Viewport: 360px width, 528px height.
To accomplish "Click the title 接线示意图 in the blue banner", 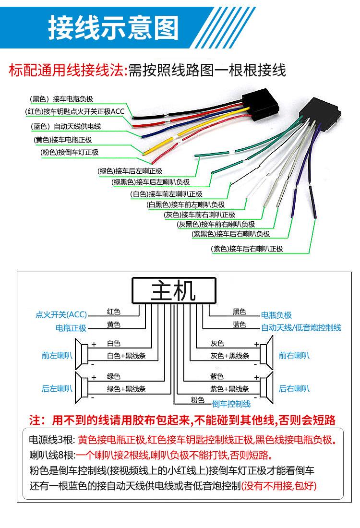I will [x=113, y=27].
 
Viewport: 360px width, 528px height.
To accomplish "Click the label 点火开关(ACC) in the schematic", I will [x=61, y=315].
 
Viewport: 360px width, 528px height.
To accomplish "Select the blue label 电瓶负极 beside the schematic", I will [x=276, y=315].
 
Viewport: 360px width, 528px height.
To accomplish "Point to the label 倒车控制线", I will [x=231, y=404].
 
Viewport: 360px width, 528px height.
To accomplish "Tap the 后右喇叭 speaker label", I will [x=294, y=388].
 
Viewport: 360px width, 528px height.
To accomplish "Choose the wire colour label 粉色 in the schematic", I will [x=197, y=400].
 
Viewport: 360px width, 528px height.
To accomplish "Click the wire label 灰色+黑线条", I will [x=229, y=356].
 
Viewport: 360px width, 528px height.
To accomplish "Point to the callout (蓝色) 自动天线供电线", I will [x=66, y=127].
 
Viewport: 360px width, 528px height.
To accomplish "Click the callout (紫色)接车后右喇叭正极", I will [x=247, y=249].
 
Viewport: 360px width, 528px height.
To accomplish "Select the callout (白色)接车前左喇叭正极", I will [x=167, y=194].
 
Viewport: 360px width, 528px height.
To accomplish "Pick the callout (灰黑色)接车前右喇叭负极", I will [x=216, y=224].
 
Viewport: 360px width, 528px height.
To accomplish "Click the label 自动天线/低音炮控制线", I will [x=301, y=328].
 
